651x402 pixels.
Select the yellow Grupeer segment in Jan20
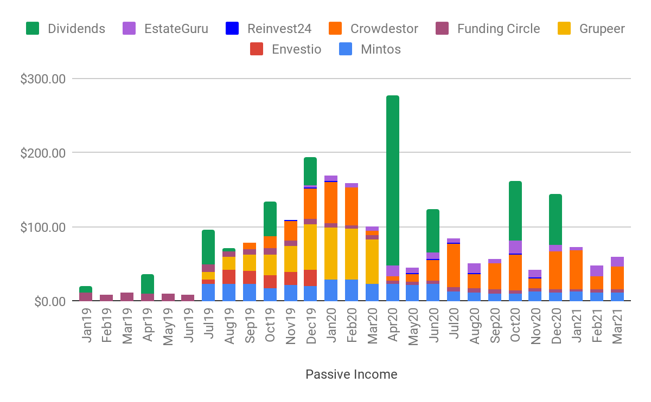click(x=331, y=253)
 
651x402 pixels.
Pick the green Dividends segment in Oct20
click(x=515, y=211)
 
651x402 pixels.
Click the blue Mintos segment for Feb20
click(x=352, y=290)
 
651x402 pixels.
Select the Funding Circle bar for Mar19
click(x=127, y=296)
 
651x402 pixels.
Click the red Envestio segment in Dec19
click(x=310, y=277)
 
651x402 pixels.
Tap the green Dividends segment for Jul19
click(x=208, y=247)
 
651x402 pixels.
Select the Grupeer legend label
click(x=602, y=29)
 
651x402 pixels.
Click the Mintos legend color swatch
click(x=346, y=49)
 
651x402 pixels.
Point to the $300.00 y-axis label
click(x=43, y=79)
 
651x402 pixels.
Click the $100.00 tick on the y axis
click(x=43, y=227)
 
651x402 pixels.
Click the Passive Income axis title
click(x=351, y=374)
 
